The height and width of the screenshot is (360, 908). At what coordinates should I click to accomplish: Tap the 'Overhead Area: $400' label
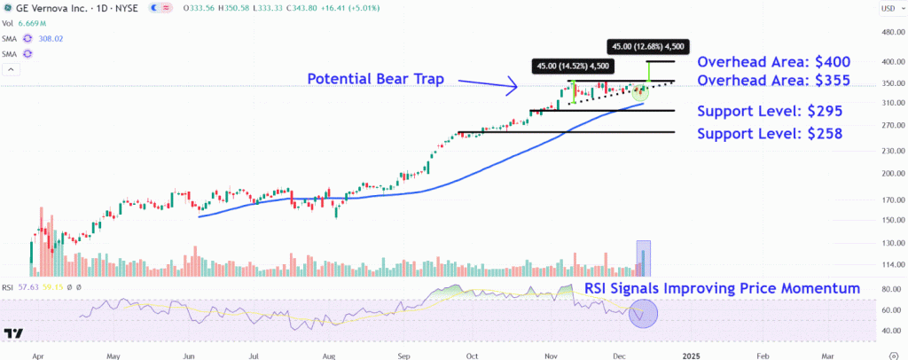click(774, 62)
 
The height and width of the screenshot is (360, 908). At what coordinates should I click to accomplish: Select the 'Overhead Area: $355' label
click(774, 81)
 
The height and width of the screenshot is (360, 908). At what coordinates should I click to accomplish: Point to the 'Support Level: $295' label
click(770, 112)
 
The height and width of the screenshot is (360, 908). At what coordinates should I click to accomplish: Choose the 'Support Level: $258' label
click(770, 134)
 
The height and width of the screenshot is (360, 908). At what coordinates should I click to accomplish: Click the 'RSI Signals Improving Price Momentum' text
click(722, 289)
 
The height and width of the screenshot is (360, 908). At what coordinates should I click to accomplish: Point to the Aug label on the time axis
click(329, 354)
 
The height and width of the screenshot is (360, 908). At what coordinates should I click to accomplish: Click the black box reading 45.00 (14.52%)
click(571, 66)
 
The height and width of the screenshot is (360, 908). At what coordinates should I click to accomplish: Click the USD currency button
click(888, 9)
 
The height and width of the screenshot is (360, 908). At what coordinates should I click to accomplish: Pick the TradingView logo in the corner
click(14, 333)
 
